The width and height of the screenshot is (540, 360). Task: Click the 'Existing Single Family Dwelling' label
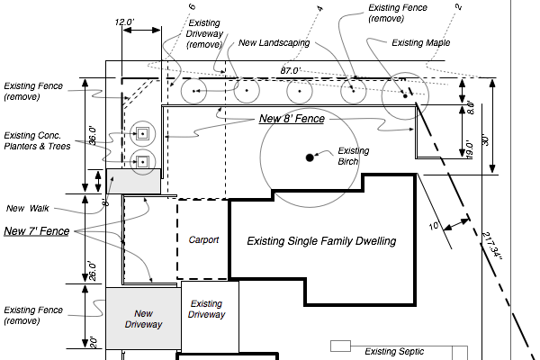321,241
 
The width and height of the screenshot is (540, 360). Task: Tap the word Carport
204,240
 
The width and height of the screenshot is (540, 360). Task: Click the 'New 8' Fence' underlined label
292,118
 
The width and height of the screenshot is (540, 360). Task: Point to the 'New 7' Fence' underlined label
37,231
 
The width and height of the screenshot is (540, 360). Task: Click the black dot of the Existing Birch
309,157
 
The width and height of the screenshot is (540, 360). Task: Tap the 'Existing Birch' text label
347,156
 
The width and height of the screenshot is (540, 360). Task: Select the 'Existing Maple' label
421,41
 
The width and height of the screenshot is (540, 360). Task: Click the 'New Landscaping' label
274,42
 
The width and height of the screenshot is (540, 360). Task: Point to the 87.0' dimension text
290,69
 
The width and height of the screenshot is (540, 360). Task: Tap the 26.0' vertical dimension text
92,269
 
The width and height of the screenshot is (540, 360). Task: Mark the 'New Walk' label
27,208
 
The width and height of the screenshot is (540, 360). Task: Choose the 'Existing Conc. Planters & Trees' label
39,139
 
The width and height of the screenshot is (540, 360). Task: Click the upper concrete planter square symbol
142,133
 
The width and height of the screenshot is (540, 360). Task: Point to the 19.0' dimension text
467,148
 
